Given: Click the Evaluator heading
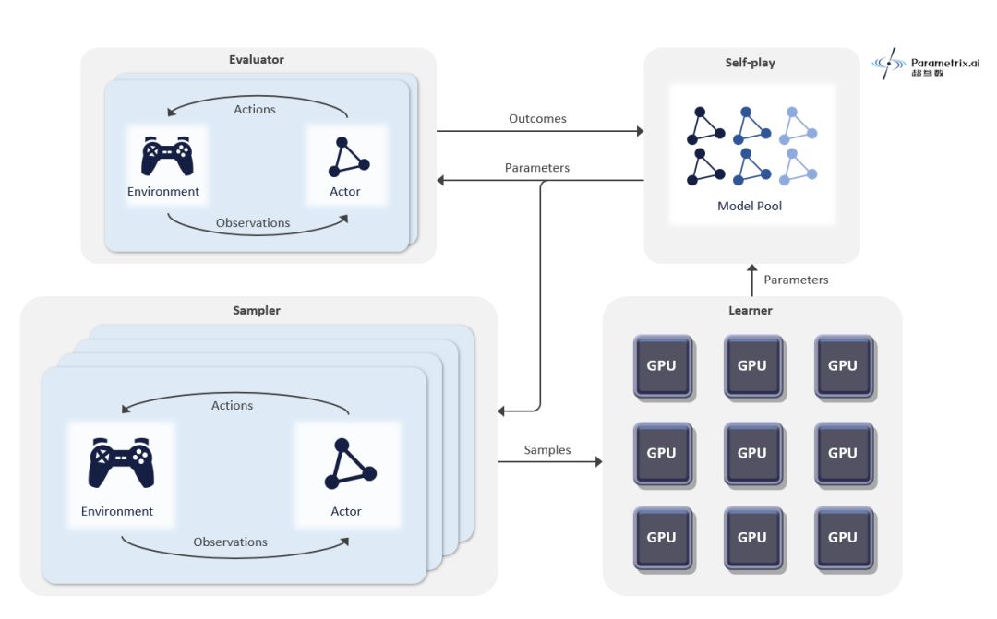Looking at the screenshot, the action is click(x=257, y=59).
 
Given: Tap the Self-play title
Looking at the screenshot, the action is click(x=750, y=63).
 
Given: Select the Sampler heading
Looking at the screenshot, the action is click(x=257, y=310).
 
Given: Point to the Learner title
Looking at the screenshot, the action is click(x=751, y=310).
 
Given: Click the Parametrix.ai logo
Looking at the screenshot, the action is click(x=926, y=64).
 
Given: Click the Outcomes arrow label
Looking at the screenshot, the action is click(x=537, y=118).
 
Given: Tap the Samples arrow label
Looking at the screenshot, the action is click(x=547, y=450).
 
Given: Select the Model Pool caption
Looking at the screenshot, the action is click(x=750, y=206).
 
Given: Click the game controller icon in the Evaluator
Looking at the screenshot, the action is click(x=167, y=156).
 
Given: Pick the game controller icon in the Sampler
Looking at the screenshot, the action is click(x=121, y=463).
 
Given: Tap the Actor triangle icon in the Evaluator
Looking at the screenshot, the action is click(x=348, y=157).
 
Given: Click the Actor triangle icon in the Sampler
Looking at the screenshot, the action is click(x=351, y=463).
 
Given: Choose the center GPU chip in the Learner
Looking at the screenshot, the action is click(x=752, y=453).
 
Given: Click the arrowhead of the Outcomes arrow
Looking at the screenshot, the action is click(x=641, y=131).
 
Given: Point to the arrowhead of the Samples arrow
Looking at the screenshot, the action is click(x=598, y=461).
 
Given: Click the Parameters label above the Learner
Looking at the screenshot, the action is click(x=796, y=280).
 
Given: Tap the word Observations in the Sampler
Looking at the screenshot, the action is click(x=230, y=542).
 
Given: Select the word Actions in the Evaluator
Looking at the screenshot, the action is click(x=255, y=109).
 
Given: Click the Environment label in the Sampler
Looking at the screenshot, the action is click(x=117, y=512).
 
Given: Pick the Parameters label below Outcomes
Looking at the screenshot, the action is click(x=536, y=168).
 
